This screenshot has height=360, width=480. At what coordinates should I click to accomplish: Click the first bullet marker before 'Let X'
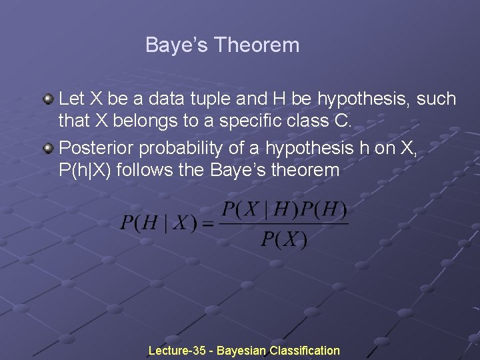[x=48, y=99]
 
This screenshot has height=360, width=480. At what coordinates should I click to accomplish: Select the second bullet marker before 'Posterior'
[x=48, y=146]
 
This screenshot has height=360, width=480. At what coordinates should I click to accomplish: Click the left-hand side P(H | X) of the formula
[x=158, y=223]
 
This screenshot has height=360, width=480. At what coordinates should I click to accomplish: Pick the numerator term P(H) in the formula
[x=323, y=210]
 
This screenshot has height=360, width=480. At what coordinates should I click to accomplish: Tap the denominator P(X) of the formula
[x=284, y=239]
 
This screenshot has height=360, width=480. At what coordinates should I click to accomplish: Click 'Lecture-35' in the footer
[x=177, y=350]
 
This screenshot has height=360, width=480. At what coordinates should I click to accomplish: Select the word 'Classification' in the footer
[x=305, y=350]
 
